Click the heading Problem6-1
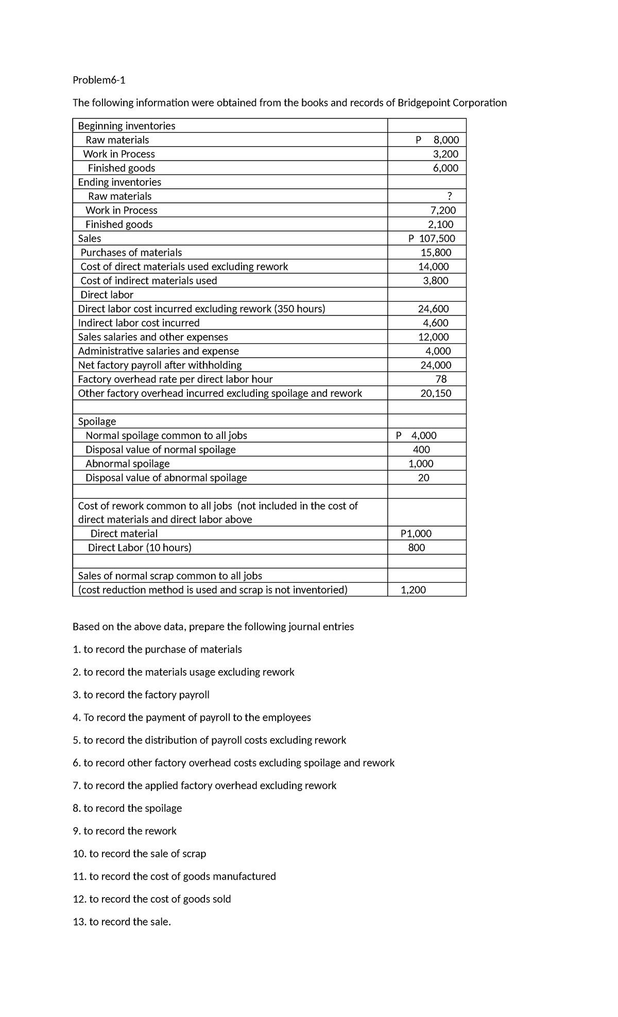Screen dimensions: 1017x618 pos(99,80)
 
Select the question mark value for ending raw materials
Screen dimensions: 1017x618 pos(450,196)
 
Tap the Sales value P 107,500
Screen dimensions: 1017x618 pos(432,238)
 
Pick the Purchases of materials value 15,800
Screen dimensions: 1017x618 pos(436,252)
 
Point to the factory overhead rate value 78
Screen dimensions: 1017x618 pos(441,379)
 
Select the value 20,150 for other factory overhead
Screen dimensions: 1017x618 pos(436,393)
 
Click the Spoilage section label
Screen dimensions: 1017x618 pos(97,421)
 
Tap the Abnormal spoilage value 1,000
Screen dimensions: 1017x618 pos(421,463)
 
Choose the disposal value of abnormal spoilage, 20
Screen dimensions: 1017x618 pos(423,478)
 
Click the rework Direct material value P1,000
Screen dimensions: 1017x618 pos(416,534)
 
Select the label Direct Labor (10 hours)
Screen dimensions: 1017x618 pos(140,548)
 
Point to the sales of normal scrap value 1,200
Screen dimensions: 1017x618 pos(413,590)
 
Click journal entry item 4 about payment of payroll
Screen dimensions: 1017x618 pos(192,717)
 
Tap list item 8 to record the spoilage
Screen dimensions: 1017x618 pos(127,808)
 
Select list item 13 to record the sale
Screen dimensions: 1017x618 pos(122,921)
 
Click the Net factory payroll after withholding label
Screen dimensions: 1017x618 pos(160,365)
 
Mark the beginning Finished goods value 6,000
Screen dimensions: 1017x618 pos(445,168)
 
